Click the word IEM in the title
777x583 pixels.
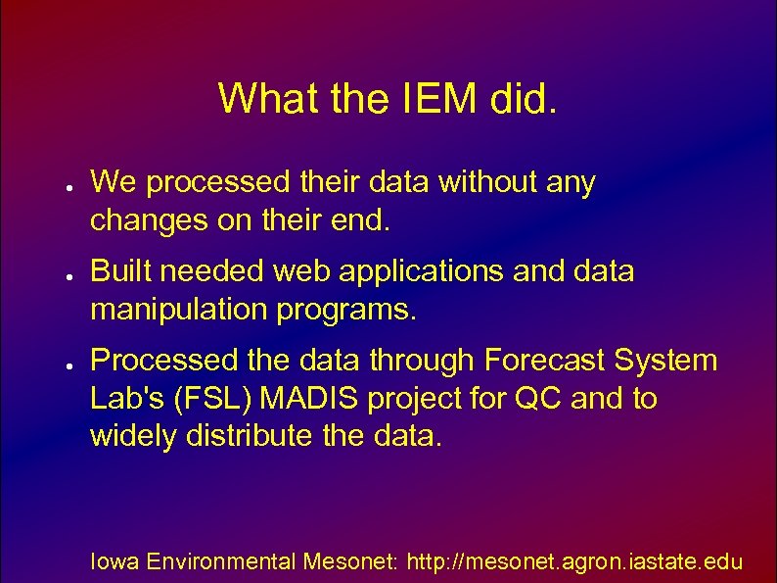(427, 98)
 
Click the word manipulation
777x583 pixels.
(173, 311)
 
